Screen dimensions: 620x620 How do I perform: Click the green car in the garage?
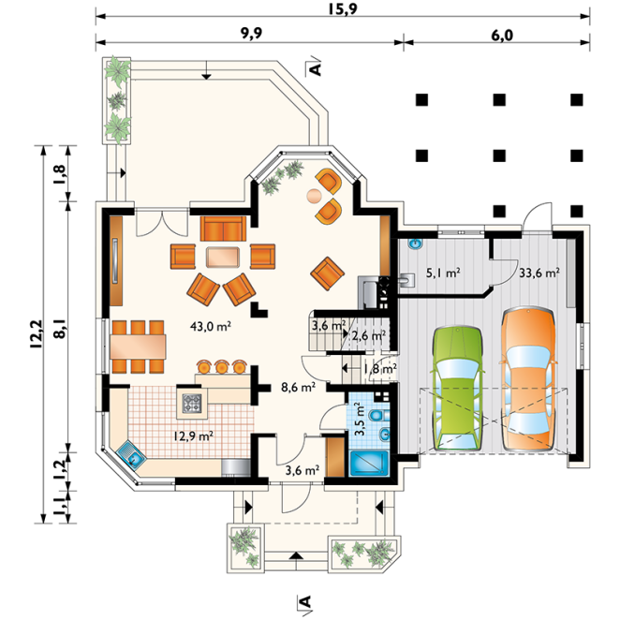pyautogui.click(x=458, y=389)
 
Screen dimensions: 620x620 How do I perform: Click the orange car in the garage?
pyautogui.click(x=528, y=378)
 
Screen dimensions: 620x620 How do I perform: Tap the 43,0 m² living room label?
pyautogui.click(x=211, y=327)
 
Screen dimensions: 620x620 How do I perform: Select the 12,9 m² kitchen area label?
pyautogui.click(x=194, y=436)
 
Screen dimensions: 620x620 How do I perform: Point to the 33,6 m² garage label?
pyautogui.click(x=539, y=273)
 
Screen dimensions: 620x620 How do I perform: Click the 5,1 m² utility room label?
pyautogui.click(x=443, y=273)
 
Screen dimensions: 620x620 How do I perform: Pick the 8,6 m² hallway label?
pyautogui.click(x=298, y=387)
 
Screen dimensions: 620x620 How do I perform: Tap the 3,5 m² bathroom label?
pyautogui.click(x=359, y=419)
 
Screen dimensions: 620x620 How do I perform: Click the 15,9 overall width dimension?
pyautogui.click(x=343, y=8)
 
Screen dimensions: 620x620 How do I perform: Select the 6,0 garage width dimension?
pyautogui.click(x=502, y=36)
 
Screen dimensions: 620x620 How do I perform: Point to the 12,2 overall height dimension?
pyautogui.click(x=36, y=334)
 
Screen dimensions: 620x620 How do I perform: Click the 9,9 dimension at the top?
pyautogui.click(x=252, y=34)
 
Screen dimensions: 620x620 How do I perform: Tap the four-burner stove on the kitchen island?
pyautogui.click(x=192, y=404)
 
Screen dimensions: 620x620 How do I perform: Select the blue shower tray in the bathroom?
pyautogui.click(x=369, y=464)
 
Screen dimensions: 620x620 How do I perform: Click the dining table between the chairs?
pyautogui.click(x=138, y=347)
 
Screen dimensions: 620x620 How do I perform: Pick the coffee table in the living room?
pyautogui.click(x=223, y=258)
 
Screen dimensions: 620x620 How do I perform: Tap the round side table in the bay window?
pyautogui.click(x=315, y=196)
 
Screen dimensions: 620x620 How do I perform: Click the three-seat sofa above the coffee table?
pyautogui.click(x=224, y=229)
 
